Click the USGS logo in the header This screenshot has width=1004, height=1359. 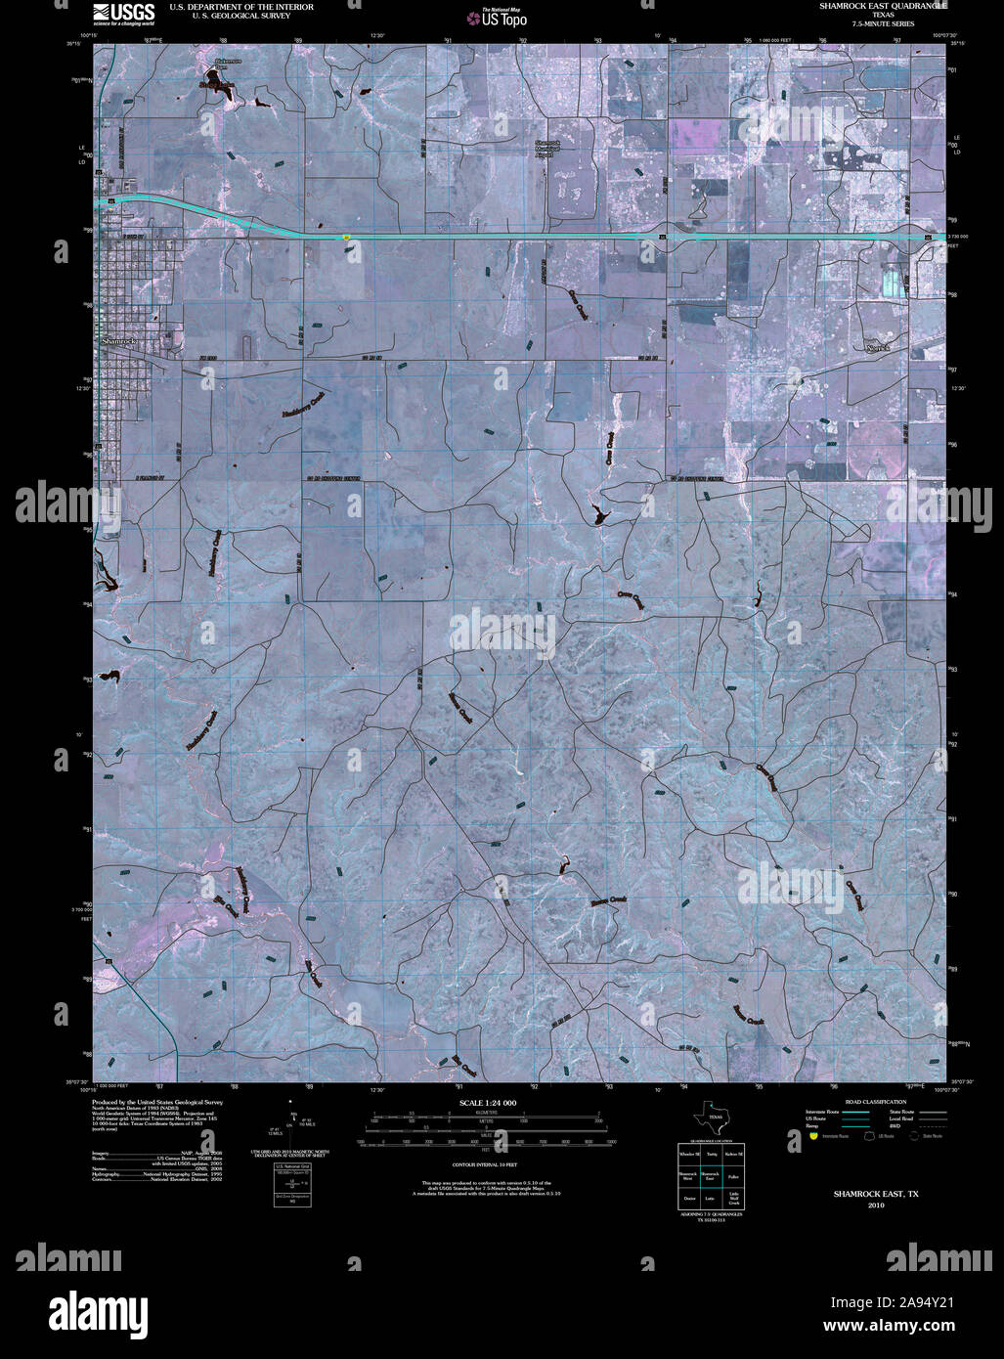pos(123,13)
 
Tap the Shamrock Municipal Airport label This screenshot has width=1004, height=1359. pos(545,148)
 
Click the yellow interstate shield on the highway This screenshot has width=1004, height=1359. pos(346,237)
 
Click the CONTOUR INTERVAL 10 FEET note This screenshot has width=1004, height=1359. pos(485,1166)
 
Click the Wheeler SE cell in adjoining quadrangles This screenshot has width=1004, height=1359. pos(688,1155)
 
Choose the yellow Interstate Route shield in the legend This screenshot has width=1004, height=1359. pos(812,1136)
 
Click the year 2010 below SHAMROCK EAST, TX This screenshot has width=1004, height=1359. pos(875,1206)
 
